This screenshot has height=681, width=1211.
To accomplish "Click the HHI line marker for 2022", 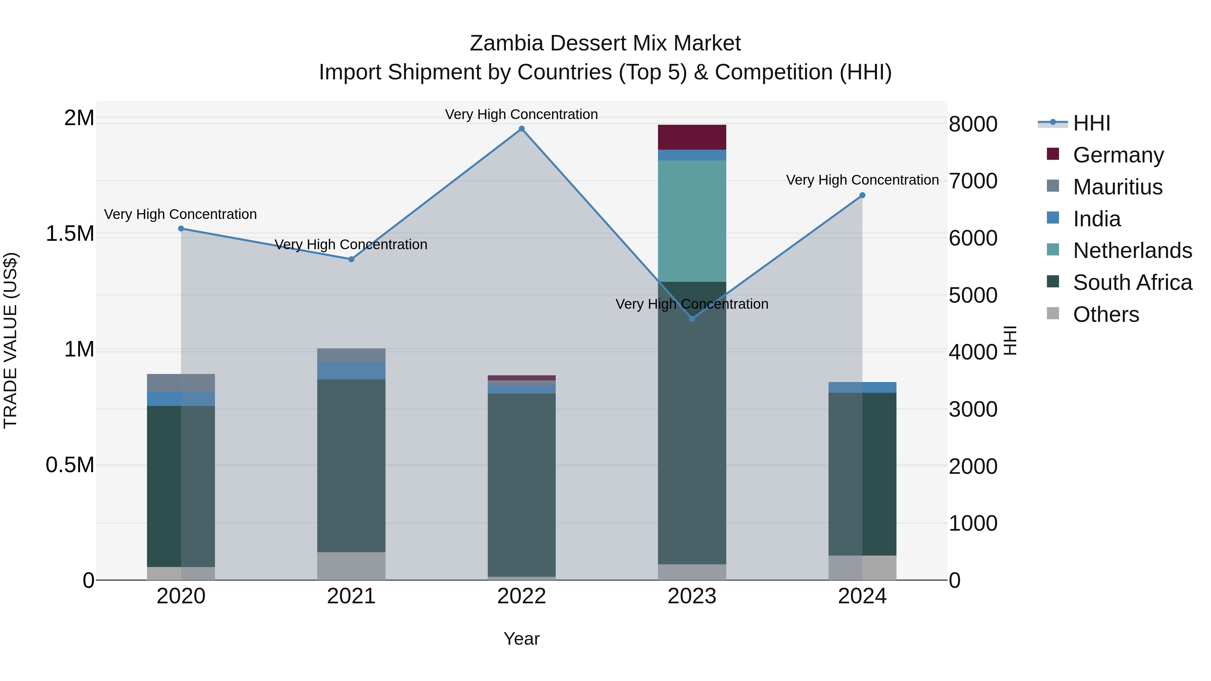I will (521, 129).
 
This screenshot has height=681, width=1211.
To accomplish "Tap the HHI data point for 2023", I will (692, 319).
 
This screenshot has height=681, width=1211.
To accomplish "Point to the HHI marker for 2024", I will (862, 195).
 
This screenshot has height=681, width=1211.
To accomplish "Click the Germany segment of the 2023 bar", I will (692, 137).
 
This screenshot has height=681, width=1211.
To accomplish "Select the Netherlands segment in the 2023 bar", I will (692, 221).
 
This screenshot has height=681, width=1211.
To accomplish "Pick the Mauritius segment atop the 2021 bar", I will (351, 355).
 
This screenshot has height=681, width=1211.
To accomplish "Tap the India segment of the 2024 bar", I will (862, 387).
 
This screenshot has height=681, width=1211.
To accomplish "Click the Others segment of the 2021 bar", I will (351, 566).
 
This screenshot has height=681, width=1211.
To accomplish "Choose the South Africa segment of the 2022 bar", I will (521, 484).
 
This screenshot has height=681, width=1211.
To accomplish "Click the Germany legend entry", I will (1118, 155).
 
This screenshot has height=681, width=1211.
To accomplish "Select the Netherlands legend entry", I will (1132, 251).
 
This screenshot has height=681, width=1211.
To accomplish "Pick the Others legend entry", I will (1106, 314).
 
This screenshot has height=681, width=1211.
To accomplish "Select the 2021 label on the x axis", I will (351, 596).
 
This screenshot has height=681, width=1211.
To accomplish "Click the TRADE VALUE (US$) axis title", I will (10, 340).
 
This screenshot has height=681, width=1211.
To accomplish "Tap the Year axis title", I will (521, 639).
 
